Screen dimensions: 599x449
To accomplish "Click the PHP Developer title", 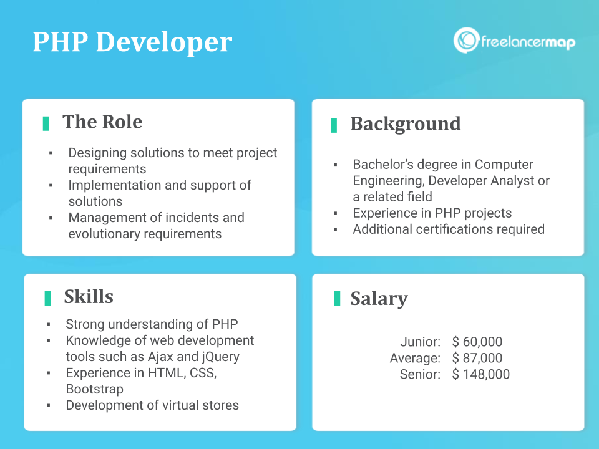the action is (x=132, y=42).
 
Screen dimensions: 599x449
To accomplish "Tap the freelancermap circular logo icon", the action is (x=466, y=40).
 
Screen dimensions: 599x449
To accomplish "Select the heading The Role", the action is (x=102, y=122).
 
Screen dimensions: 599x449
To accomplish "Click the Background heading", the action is (x=406, y=124).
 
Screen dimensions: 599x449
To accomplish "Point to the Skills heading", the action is (x=89, y=297).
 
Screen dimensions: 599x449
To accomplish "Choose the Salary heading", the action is (x=379, y=299).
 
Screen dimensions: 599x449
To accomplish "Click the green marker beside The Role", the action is (x=46, y=123).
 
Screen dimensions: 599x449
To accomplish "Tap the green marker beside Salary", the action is (x=337, y=298).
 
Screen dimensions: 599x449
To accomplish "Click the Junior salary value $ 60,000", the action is (x=477, y=342).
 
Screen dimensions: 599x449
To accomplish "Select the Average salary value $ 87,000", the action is (x=477, y=358).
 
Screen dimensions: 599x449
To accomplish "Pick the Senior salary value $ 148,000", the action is (x=480, y=374).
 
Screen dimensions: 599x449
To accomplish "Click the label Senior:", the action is (x=420, y=374).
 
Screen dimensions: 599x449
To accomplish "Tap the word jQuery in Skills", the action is (x=220, y=357).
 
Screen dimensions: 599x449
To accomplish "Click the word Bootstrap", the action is (x=94, y=389).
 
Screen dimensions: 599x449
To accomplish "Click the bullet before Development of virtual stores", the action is (x=49, y=405).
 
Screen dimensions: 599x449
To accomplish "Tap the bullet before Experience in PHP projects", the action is (x=336, y=213).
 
